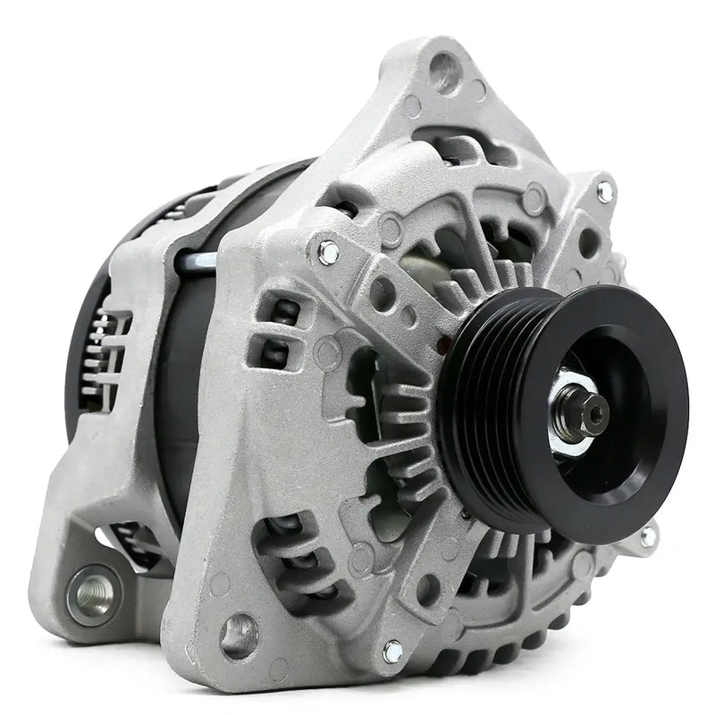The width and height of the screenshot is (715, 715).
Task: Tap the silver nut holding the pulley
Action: pos(572,414)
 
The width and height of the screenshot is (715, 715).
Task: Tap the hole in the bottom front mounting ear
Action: pos(240,633)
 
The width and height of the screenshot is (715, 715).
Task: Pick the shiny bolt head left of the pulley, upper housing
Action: pos(328,252)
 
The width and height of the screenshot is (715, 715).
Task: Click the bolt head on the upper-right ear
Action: pos(605,190)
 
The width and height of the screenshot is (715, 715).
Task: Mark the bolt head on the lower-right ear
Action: pos(647,536)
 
